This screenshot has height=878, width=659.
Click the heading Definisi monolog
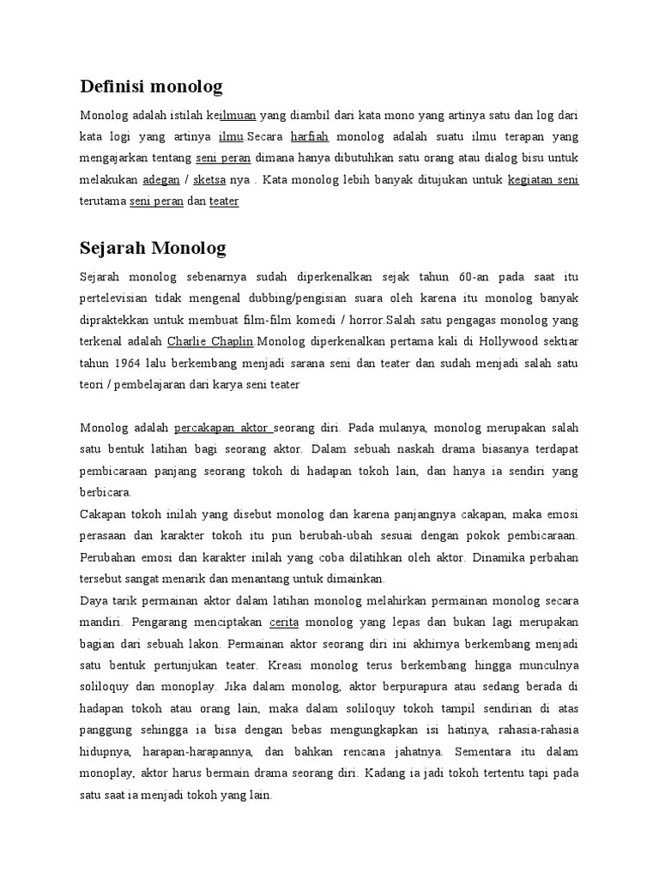[x=151, y=86]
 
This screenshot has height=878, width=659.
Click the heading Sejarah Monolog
[x=153, y=249]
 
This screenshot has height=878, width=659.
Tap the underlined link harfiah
[x=309, y=136]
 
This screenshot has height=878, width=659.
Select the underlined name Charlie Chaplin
[x=211, y=340]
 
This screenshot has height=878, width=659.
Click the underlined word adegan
[x=160, y=180]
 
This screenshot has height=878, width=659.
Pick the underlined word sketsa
[x=209, y=180]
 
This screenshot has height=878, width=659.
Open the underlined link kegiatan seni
[x=543, y=180]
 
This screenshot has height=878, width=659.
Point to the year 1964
[x=130, y=362]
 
